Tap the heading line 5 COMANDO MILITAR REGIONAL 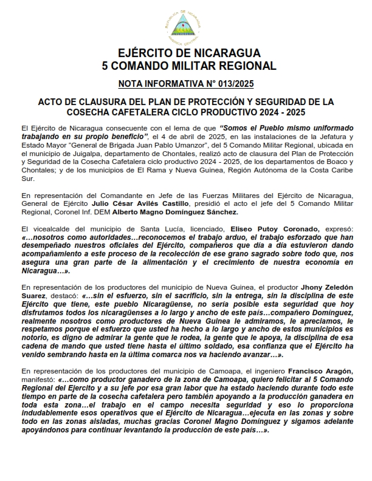[185, 65]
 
